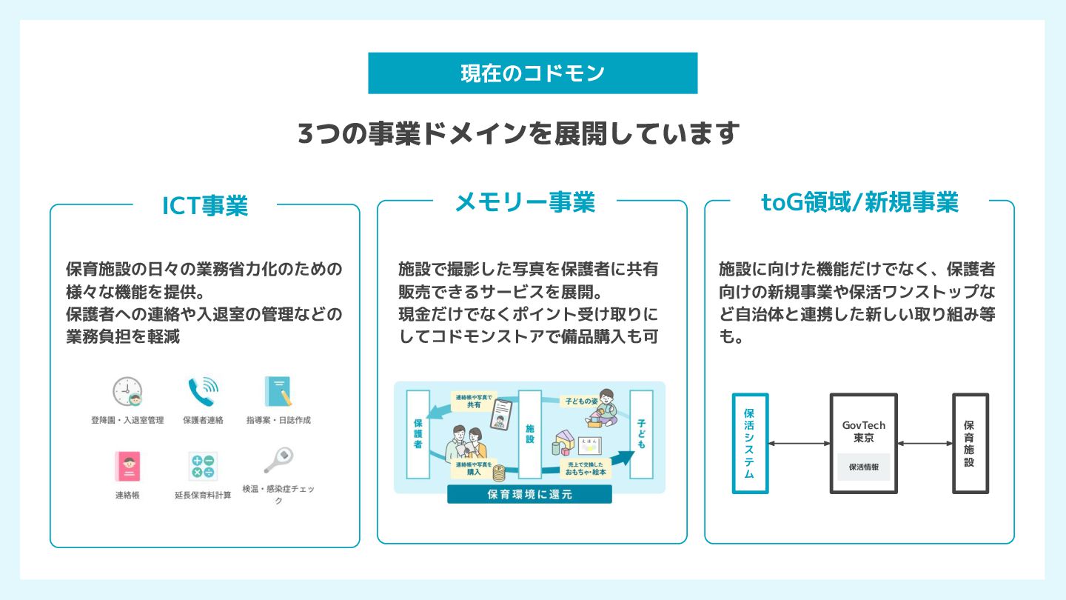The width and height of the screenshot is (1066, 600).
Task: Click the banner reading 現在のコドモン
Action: [532, 73]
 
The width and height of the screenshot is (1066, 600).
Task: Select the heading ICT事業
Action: [205, 205]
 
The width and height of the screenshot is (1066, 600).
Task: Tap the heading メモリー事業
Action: [525, 201]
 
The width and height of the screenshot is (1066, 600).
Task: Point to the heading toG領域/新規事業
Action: [859, 202]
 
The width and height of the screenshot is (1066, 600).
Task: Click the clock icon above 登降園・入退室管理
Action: [127, 391]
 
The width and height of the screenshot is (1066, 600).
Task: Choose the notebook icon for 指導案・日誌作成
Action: [278, 391]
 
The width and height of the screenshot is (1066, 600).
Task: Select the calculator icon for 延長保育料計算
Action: [202, 466]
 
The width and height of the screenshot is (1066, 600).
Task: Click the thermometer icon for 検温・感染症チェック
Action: [278, 461]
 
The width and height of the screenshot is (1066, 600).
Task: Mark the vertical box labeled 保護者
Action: [418, 434]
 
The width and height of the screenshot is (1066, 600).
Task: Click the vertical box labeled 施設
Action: [530, 434]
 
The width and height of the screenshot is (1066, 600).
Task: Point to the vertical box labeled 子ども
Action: [641, 434]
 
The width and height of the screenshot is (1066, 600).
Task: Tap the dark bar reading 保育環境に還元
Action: [529, 495]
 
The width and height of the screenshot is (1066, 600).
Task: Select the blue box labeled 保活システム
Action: [749, 443]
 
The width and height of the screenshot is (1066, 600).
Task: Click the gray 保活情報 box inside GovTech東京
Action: [864, 467]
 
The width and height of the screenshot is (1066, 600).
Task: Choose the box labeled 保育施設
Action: [970, 443]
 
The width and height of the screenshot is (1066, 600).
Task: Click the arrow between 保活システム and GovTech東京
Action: [799, 443]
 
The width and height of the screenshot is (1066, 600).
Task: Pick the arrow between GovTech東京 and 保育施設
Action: [925, 443]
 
